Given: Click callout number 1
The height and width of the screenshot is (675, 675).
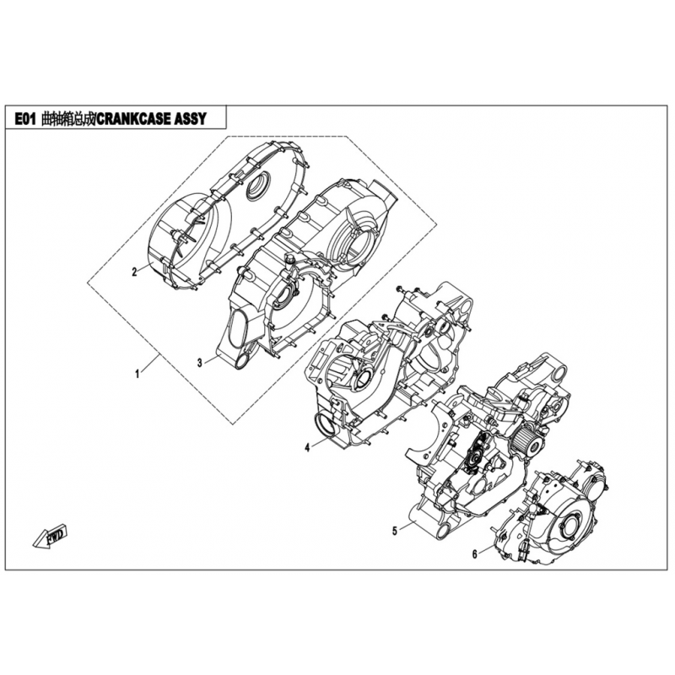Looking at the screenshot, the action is pos(138,374).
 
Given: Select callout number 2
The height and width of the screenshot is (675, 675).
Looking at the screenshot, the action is pos(134,272).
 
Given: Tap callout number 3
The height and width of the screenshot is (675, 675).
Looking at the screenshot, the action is pos(200,363).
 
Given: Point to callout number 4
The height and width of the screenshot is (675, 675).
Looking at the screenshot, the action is pos(307,448).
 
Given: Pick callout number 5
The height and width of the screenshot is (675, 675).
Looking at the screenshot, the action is pos(395,531).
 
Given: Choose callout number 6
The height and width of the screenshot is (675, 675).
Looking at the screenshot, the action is pos(475,554).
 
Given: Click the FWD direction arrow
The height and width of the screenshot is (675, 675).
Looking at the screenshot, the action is pos(50,535).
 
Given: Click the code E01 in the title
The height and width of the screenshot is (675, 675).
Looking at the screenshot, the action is pos(25,118).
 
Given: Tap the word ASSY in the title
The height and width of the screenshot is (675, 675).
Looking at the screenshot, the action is pos(190,118).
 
